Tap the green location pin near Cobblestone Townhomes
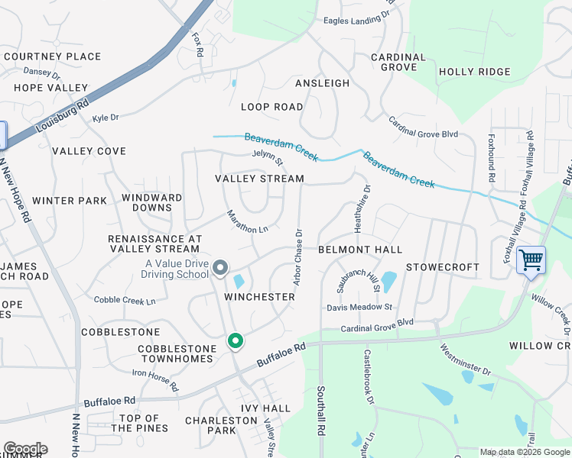pos(236,341)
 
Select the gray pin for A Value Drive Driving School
pos(220,267)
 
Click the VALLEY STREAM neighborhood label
pos(259,179)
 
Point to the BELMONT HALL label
pos(359,250)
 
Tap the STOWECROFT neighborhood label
pos(442,267)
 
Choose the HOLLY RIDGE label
pos(474,72)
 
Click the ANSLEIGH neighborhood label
pos(322,83)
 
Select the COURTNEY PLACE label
pos(52,56)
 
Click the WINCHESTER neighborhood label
pos(259,296)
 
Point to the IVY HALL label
pos(265,408)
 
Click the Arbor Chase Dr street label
pos(298,257)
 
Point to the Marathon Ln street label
pos(248,222)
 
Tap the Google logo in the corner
pos(25,449)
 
